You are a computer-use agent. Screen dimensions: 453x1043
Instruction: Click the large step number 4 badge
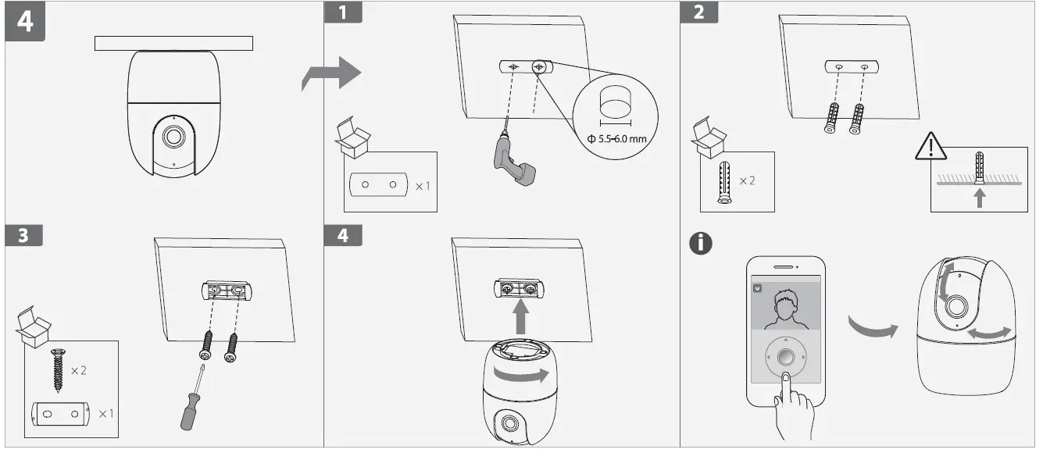point(26,20)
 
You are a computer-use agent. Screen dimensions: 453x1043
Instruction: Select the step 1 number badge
point(344,12)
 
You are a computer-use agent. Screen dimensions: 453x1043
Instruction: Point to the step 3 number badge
point(23,236)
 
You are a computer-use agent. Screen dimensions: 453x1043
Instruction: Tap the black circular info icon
point(701,243)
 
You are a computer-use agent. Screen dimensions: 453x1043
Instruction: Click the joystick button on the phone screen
point(785,358)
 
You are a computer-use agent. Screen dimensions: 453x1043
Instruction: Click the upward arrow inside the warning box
point(980,198)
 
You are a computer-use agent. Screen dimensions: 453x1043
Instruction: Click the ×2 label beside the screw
point(78,370)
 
